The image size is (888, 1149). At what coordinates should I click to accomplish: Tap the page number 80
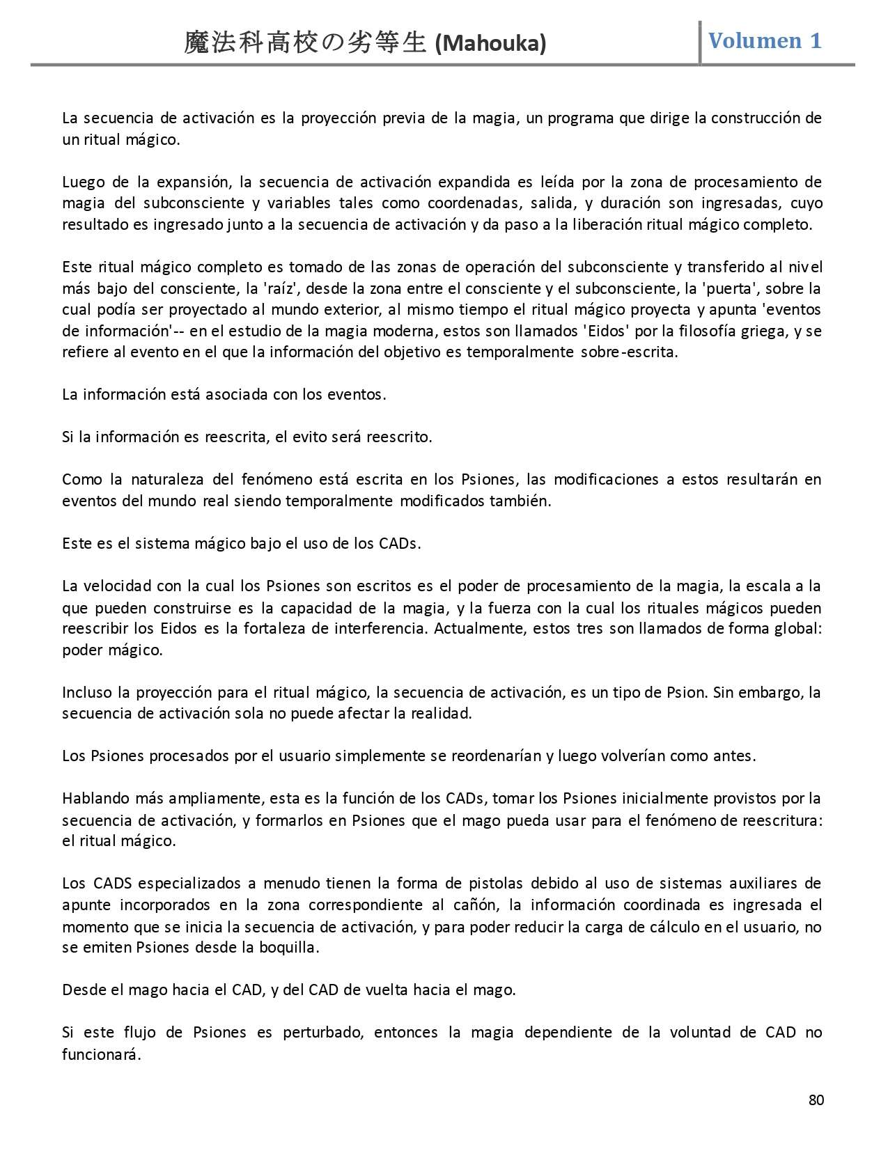(x=816, y=1100)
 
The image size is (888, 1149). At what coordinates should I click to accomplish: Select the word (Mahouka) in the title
(x=490, y=44)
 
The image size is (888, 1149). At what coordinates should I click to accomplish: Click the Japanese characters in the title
(x=304, y=43)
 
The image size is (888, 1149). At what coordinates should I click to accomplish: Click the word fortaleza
(x=274, y=629)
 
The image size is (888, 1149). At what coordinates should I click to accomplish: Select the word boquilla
(x=293, y=948)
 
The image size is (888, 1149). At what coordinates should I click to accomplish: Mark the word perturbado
(x=323, y=1033)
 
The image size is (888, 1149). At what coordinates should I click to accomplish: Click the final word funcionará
(x=101, y=1054)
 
